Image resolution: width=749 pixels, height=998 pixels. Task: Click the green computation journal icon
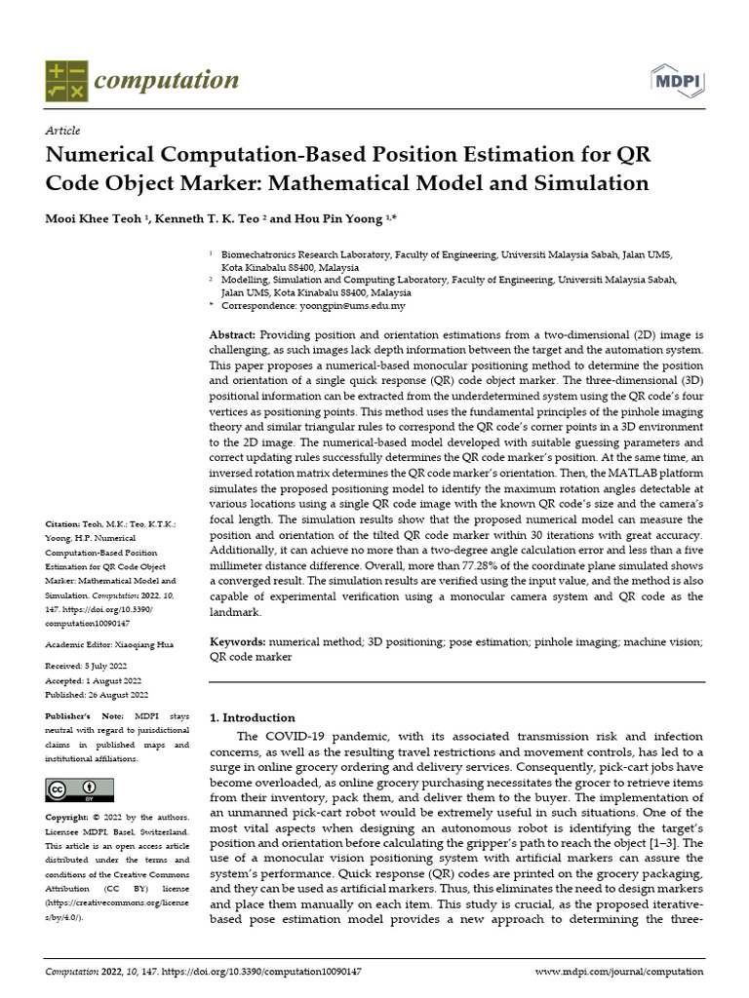66,81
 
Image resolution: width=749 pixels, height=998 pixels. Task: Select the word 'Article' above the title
62,131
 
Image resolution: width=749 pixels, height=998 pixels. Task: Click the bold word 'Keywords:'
238,642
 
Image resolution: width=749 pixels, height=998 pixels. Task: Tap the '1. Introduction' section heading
253,717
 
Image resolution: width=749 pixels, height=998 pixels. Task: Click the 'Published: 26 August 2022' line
97,694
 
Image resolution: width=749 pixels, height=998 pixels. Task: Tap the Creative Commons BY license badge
72,788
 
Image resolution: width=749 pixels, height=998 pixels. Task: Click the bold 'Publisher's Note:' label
81,715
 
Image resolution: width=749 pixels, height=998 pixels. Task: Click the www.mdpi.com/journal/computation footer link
618,972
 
